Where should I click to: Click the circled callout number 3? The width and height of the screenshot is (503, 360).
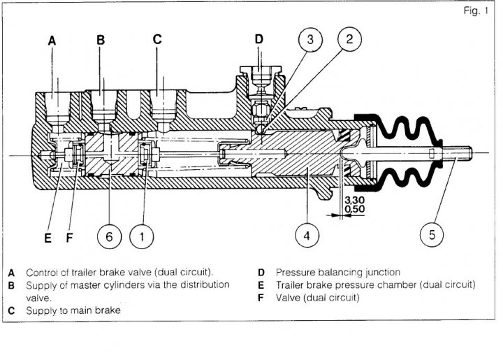click(310, 39)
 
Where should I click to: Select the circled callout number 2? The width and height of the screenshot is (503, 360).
click(349, 39)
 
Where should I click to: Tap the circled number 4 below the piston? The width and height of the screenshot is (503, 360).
click(307, 236)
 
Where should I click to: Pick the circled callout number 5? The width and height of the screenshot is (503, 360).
click(432, 235)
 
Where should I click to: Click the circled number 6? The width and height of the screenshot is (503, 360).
click(109, 237)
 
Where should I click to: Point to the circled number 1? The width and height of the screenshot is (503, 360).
click(141, 237)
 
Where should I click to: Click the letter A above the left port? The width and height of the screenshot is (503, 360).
click(52, 41)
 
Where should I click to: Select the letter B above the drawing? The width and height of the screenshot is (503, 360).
click(101, 40)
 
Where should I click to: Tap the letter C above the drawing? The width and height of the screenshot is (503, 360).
click(157, 39)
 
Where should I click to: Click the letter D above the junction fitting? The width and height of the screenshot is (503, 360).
click(259, 39)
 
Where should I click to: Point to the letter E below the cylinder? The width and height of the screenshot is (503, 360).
click(48, 238)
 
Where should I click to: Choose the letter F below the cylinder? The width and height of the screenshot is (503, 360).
click(69, 238)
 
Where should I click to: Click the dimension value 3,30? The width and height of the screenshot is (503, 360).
click(354, 201)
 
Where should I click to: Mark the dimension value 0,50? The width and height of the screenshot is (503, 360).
click(354, 209)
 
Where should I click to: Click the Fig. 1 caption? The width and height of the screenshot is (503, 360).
click(476, 11)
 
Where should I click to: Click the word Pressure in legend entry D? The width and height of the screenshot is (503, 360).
click(295, 273)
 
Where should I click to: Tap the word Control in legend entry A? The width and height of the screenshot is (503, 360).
click(42, 273)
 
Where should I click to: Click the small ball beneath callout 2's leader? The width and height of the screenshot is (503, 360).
click(261, 129)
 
